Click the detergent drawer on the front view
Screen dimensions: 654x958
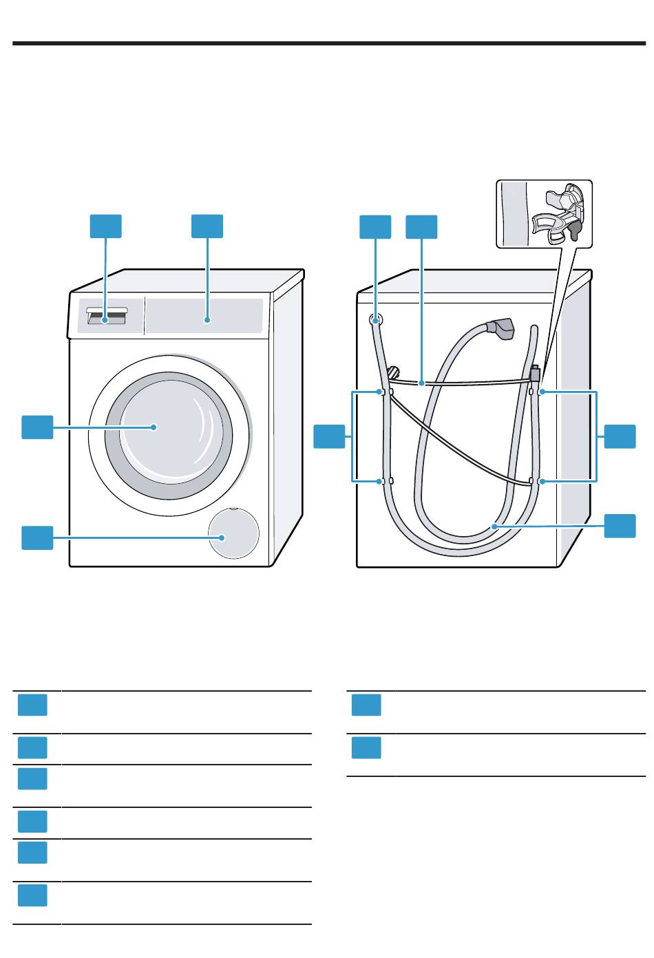click(x=107, y=317)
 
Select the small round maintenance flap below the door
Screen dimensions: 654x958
click(x=235, y=535)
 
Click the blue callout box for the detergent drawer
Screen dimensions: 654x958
click(x=106, y=226)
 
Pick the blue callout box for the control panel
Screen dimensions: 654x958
click(x=207, y=226)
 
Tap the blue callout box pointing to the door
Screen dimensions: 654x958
click(x=37, y=427)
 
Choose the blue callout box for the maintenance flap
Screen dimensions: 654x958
click(x=37, y=537)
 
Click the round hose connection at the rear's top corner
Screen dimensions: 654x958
click(x=376, y=320)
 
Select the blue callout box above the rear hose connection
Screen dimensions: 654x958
click(x=375, y=227)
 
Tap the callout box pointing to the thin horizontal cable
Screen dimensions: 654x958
click(x=421, y=227)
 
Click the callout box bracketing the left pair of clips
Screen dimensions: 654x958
click(x=329, y=437)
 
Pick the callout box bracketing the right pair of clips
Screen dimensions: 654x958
click(x=620, y=437)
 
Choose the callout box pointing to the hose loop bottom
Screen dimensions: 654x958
click(x=620, y=526)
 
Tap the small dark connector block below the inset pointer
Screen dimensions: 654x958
click(x=535, y=376)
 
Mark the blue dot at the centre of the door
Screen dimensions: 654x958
click(x=154, y=427)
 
